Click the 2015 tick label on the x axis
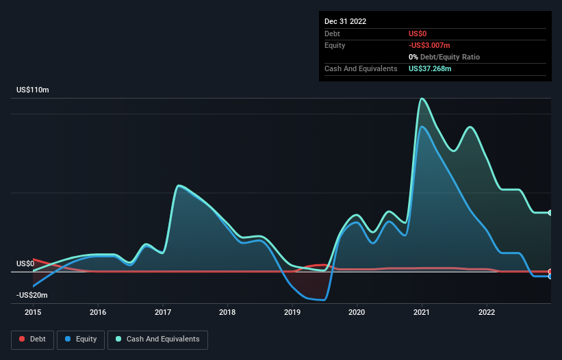[x=33, y=312]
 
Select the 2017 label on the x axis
[x=163, y=312]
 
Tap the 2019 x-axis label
[x=292, y=312]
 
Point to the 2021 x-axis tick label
[x=422, y=312]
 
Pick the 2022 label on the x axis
[x=487, y=312]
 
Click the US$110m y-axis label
[x=33, y=90]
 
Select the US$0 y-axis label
[x=25, y=263]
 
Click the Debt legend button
[x=31, y=339]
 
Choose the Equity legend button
[x=81, y=339]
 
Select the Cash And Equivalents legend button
[x=157, y=339]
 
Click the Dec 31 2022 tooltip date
[x=346, y=21]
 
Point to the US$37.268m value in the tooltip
[x=430, y=68]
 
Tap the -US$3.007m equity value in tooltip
[x=430, y=45]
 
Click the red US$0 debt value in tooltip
[x=418, y=34]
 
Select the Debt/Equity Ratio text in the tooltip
[x=448, y=57]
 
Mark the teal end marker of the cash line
[x=550, y=213]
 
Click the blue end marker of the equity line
[x=550, y=277]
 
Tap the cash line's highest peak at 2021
[x=422, y=99]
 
